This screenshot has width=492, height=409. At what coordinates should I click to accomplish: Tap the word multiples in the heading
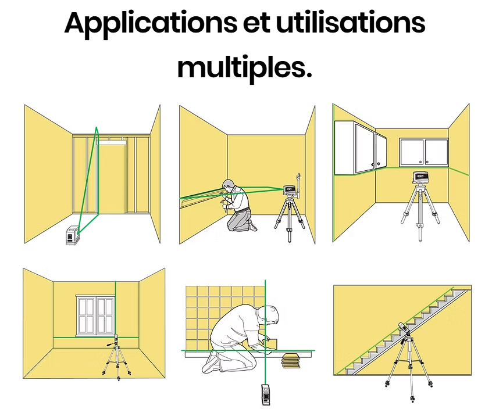241,68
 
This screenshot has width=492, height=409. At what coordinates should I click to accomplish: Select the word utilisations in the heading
351,23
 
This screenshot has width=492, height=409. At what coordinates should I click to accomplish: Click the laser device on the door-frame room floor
72,235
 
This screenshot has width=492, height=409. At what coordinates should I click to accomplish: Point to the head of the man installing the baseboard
229,185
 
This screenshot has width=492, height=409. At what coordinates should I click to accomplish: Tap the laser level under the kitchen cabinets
420,177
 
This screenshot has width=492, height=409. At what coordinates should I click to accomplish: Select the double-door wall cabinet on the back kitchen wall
424,152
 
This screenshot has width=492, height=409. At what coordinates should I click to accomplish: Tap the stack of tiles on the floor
291,360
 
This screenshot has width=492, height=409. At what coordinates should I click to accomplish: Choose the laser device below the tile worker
266,394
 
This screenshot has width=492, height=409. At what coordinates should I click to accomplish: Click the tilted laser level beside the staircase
404,329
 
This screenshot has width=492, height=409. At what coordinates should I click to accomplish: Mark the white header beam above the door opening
112,142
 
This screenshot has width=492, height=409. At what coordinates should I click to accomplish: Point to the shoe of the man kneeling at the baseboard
253,225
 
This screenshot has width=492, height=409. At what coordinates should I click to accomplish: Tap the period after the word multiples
308,75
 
